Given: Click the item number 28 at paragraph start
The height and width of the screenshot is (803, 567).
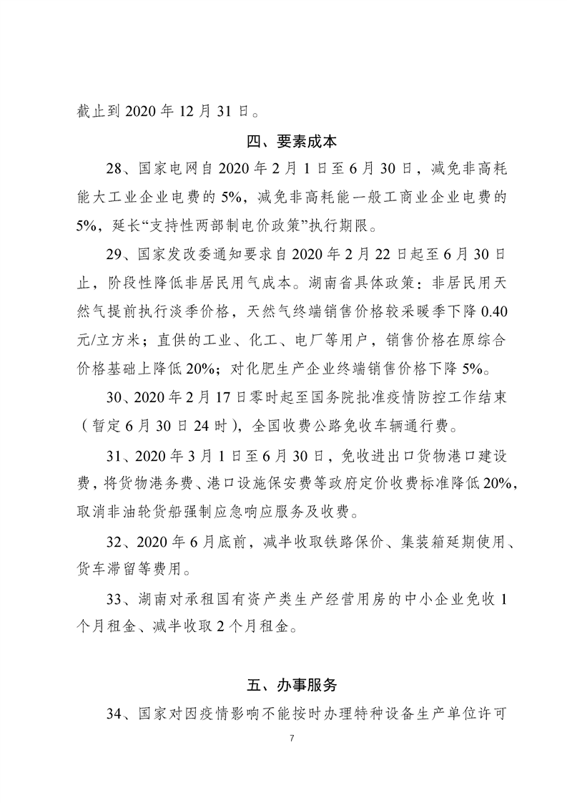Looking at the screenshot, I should pos(113,170).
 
